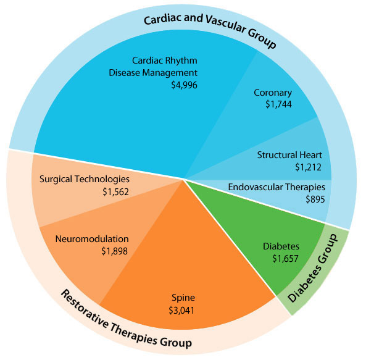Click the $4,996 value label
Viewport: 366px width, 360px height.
point(184,85)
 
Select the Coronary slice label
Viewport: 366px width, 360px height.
point(273,93)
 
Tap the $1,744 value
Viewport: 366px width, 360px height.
point(278,104)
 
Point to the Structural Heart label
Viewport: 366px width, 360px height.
point(289,155)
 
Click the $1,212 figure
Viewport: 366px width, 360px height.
point(308,167)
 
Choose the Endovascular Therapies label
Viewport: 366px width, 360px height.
point(277,187)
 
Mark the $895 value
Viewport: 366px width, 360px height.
point(315,199)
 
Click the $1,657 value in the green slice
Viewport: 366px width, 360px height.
point(285,259)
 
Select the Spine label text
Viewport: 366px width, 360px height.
point(183,298)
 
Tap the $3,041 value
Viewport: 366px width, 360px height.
point(181,310)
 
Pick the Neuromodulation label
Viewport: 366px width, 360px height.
point(92,239)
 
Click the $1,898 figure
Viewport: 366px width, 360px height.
point(114,251)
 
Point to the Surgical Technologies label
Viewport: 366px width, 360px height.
point(85,180)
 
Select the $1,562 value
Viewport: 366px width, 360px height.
point(115,191)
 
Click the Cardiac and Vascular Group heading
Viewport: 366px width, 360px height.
point(210,29)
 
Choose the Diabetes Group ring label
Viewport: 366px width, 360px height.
point(313,269)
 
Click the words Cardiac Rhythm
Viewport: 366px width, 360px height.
point(165,61)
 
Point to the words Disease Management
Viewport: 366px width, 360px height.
point(153,73)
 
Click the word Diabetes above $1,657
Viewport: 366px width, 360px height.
point(281,246)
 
